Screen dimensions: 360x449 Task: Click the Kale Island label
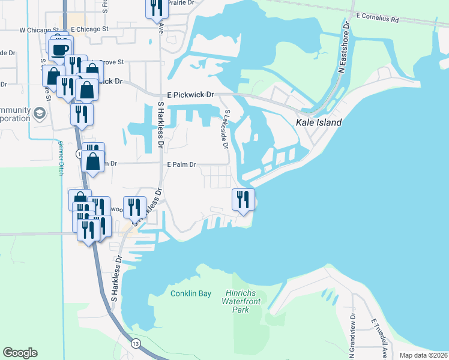tap(318, 122)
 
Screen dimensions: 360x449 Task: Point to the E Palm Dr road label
tap(182, 163)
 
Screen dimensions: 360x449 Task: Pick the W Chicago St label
tap(39, 29)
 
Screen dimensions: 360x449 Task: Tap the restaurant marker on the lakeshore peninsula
tap(243, 199)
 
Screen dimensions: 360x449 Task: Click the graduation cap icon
tap(39, 113)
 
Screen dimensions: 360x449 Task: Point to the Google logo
tap(20, 353)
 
